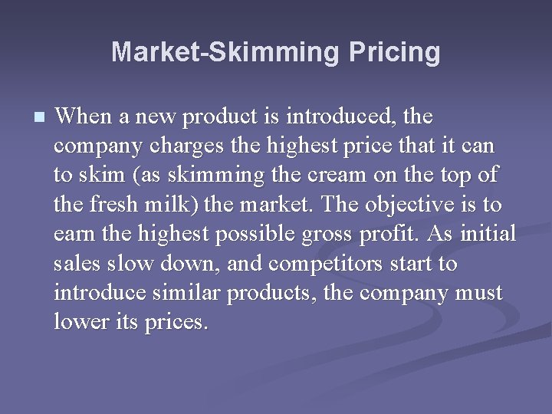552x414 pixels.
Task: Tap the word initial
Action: coord(488,235)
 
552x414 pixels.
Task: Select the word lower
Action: coord(74,322)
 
